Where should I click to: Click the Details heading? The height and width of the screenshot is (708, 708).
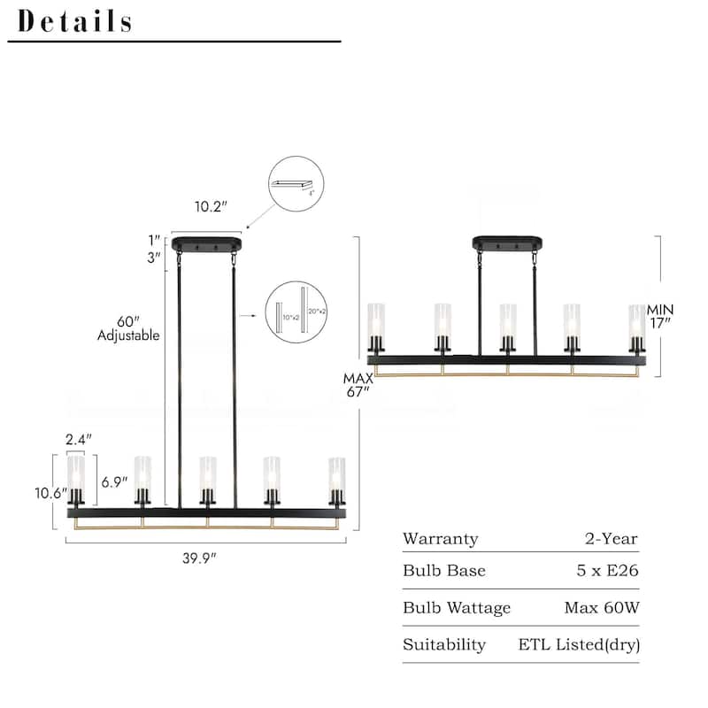75,21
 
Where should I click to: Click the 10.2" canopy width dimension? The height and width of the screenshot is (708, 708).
211,206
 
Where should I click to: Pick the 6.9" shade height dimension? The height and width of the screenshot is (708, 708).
115,481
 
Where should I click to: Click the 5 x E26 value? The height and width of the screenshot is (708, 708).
607,571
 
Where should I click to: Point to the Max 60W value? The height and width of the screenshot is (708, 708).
601,608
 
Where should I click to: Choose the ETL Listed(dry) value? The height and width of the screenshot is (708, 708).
579,645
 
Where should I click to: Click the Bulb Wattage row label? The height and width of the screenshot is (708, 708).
457,608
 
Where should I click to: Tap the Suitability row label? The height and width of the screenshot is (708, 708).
444,645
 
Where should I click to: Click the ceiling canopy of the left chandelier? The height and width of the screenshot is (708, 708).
207,243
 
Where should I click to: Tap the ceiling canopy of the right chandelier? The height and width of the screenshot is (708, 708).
508,242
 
